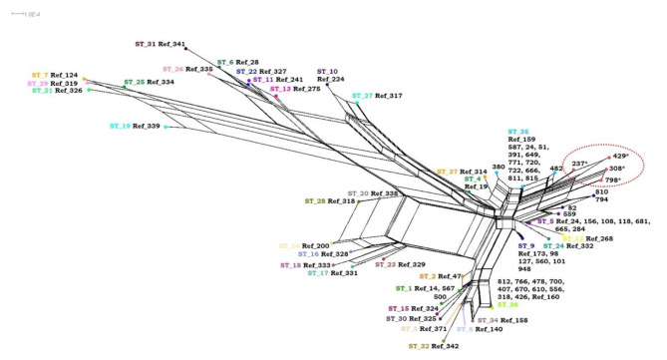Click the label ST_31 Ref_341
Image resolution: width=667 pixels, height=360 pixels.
[x=160, y=45]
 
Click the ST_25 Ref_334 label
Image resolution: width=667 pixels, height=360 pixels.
[x=149, y=82]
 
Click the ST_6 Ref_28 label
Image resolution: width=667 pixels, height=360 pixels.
[x=238, y=62]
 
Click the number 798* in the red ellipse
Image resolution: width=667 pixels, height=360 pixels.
[x=613, y=180]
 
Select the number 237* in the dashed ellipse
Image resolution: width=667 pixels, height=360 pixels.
[x=577, y=162]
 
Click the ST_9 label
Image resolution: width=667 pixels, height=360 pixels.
[x=525, y=245]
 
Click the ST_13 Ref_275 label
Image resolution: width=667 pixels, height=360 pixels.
[x=295, y=89]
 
